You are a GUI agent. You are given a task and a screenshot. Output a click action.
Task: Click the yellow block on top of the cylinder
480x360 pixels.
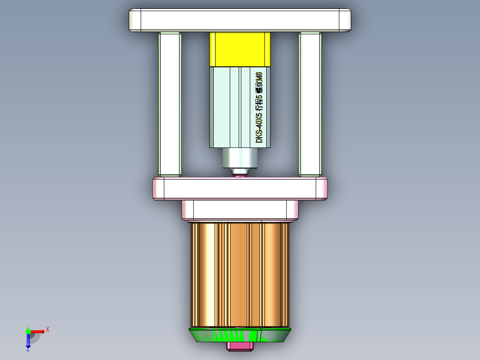click(240, 49)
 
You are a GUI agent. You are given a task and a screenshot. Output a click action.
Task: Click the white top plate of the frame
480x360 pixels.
click(240, 20)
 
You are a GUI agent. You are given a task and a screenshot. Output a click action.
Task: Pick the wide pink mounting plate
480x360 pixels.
click(240, 188)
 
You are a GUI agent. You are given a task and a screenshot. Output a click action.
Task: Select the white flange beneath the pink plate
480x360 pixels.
click(240, 209)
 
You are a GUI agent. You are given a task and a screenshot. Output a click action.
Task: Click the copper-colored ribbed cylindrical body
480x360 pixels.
click(240, 274)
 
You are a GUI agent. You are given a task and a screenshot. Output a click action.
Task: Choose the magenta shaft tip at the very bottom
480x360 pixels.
click(240, 346)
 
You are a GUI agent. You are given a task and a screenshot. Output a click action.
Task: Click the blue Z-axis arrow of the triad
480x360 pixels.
click(28, 341)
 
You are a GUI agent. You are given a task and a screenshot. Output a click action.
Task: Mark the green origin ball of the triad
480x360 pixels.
click(28, 331)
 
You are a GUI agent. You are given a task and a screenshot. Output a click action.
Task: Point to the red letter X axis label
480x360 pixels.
click(48, 329)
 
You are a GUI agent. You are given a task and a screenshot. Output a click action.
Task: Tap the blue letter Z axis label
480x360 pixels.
click(28, 350)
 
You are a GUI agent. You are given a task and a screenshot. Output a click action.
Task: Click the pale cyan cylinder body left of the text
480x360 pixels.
click(225, 107)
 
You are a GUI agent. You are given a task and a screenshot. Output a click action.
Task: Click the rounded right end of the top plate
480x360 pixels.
click(345, 20)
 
